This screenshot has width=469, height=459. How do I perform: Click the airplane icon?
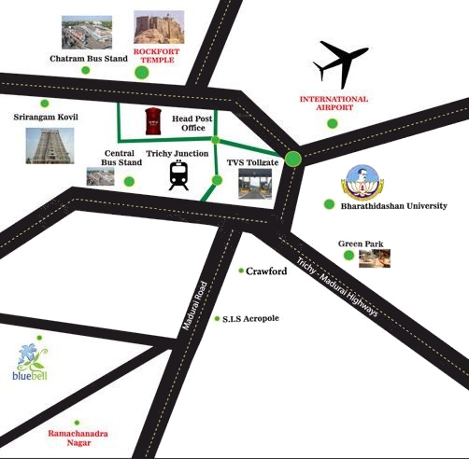(x=341, y=63)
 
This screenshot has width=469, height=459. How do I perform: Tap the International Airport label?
(x=333, y=103)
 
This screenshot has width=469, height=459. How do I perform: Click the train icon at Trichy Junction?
(x=178, y=174)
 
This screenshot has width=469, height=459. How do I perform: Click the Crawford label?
(x=265, y=271)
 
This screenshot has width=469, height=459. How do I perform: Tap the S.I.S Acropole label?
(x=249, y=318)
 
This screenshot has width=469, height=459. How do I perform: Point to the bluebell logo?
(x=32, y=364)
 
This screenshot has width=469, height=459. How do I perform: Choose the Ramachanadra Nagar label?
(x=78, y=439)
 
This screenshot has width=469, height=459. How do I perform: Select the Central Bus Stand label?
(x=121, y=157)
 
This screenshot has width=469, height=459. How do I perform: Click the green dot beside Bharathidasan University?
(x=329, y=204)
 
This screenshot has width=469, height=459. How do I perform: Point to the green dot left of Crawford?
(x=241, y=271)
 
